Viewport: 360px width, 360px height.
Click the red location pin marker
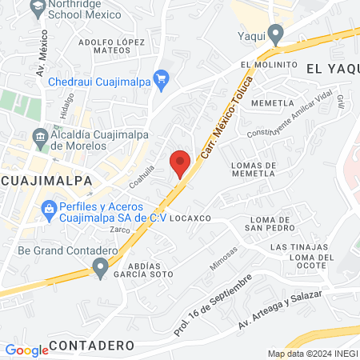pyautogui.click(x=181, y=162)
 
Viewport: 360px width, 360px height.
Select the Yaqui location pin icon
pyautogui.click(x=276, y=34)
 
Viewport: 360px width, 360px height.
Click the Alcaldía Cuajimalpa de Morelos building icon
pyautogui.click(x=40, y=138)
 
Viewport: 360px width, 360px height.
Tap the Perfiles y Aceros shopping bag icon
pyautogui.click(x=49, y=210)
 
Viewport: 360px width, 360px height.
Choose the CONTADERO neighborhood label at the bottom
pyautogui.click(x=91, y=345)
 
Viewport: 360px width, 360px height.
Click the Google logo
pyautogui.click(x=26, y=350)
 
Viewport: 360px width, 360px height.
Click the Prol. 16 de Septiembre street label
pyautogui.click(x=214, y=305)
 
